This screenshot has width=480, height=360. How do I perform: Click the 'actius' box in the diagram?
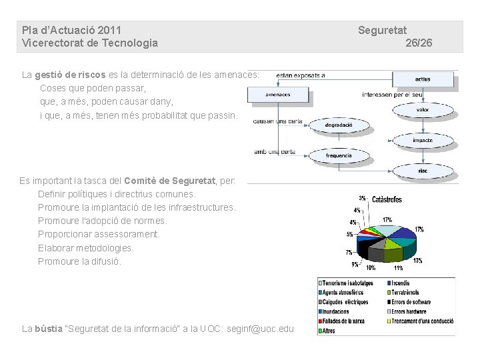click(423, 80)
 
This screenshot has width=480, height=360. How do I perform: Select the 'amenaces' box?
click(277, 95)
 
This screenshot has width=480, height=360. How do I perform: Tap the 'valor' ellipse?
click(423, 109)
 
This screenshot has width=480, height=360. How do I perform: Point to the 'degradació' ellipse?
click(339, 125)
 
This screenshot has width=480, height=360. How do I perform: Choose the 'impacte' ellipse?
click(423, 140)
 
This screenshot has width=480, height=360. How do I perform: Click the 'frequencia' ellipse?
click(339, 155)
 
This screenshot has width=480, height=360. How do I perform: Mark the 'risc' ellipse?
click(423, 171)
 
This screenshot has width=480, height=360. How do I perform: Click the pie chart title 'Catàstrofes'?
click(387, 199)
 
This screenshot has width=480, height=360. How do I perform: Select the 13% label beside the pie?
click(417, 261)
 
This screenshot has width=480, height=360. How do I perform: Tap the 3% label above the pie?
click(362, 198)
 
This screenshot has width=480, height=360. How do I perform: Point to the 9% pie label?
click(355, 265)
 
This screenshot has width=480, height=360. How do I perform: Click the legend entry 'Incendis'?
click(401, 283)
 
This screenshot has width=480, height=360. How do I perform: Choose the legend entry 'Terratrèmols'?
click(405, 293)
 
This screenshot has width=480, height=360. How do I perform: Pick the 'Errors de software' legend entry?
click(411, 302)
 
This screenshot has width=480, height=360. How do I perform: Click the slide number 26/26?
click(419, 43)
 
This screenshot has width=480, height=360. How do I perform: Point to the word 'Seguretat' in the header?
click(382, 30)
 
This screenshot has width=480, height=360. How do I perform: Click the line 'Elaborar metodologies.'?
click(86, 248)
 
